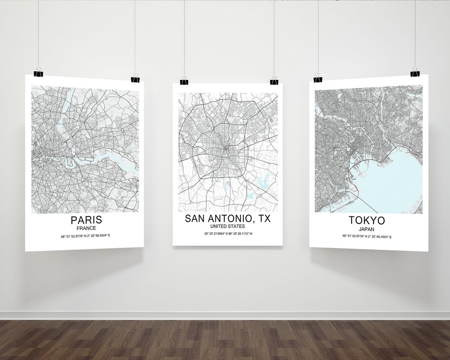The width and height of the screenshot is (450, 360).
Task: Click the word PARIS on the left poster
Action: [x=86, y=220]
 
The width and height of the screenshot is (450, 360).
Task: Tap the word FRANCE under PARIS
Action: [x=86, y=228]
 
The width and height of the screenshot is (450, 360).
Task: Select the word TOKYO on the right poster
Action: [x=366, y=220]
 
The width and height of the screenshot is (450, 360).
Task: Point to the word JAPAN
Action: [x=366, y=229]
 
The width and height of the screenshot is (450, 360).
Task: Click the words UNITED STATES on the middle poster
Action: [x=227, y=227]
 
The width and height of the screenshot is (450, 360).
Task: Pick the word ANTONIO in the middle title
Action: [x=232, y=218]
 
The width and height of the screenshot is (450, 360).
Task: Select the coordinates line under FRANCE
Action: [x=85, y=236]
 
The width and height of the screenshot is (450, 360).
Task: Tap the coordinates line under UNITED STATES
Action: [x=228, y=234]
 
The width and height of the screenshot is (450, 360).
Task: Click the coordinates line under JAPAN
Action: [x=367, y=236]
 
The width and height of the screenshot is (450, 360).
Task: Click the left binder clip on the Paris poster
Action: [x=38, y=72]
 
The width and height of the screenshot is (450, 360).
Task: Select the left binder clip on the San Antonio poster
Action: [x=184, y=81]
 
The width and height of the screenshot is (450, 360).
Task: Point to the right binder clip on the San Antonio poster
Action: [x=274, y=81]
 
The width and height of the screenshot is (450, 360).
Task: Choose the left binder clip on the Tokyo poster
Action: [x=318, y=78]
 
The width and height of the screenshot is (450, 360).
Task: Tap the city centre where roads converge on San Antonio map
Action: [x=226, y=149]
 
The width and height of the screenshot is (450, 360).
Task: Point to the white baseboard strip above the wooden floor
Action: [x=225, y=316]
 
